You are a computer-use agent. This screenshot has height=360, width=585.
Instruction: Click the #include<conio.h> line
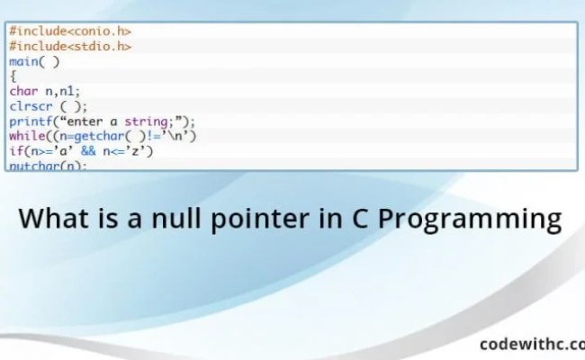[70, 31]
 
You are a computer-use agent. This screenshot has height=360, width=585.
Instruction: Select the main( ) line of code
[34, 61]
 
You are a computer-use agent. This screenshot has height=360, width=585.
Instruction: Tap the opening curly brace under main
[13, 76]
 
